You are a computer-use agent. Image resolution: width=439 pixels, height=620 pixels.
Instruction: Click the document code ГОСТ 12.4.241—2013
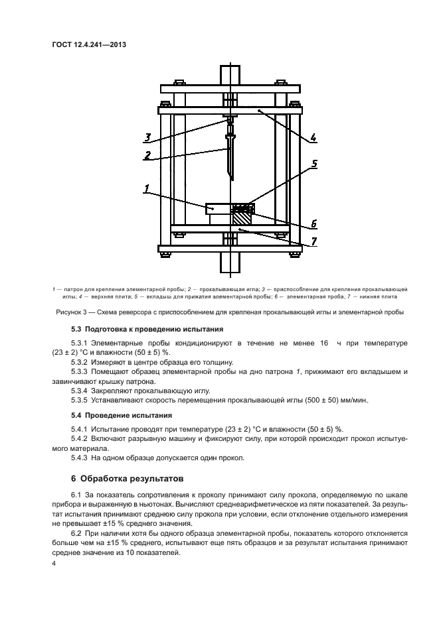pyautogui.click(x=88, y=45)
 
